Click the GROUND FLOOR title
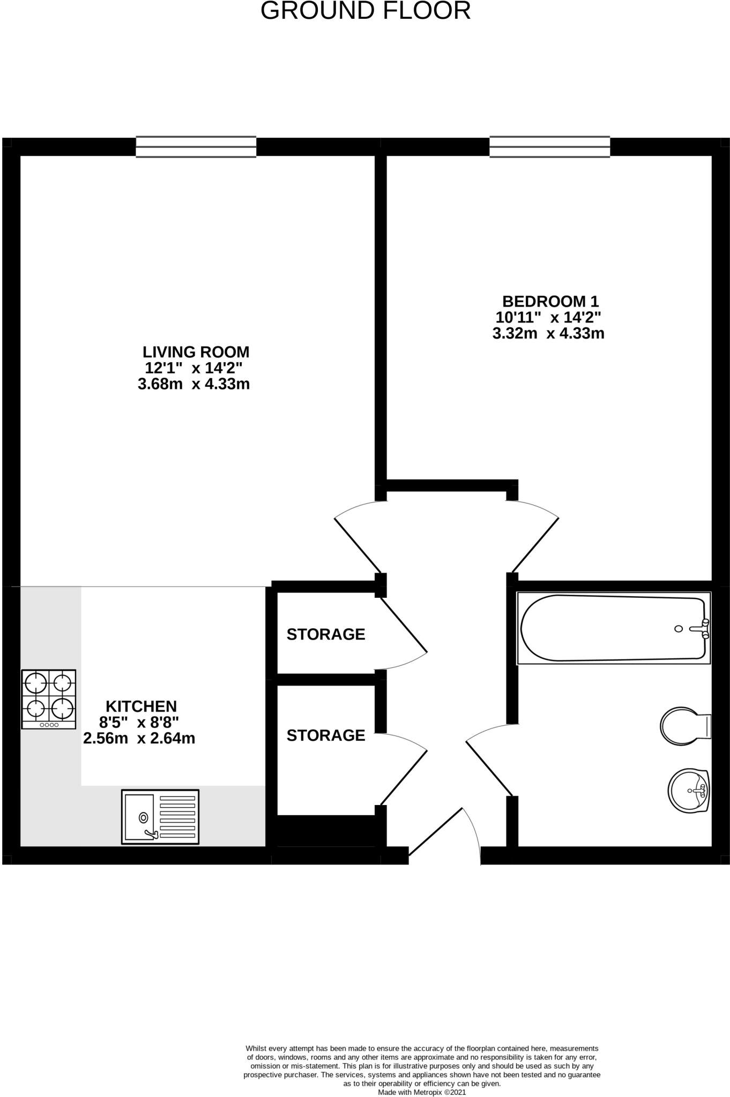pos(365,11)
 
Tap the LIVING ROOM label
pos(196,352)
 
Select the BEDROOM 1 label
pos(550,301)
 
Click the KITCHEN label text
pos(141,706)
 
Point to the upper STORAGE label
pos(326,634)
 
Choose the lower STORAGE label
pos(326,735)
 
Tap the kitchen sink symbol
pos(160,817)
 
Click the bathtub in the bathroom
pos(613,628)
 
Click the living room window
pos(196,147)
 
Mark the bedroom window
pos(550,147)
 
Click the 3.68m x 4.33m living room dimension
pos(194,384)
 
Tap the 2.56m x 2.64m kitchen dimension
pos(139,738)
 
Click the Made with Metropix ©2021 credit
pos(422,1092)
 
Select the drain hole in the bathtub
pos(679,629)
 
